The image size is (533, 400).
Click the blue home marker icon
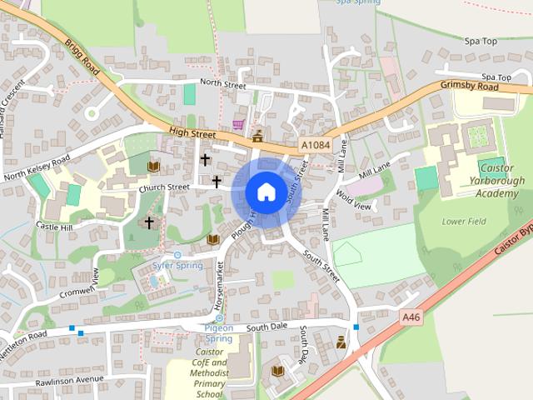pyautogui.click(x=266, y=192)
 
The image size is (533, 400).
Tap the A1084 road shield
pyautogui.click(x=316, y=145)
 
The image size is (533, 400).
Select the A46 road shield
pyautogui.click(x=411, y=317)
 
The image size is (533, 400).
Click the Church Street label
pyautogui.click(x=164, y=187)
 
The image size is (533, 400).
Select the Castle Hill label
pyautogui.click(x=55, y=227)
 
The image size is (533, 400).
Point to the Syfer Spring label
pyautogui.click(x=177, y=266)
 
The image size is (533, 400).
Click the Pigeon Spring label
pyautogui.click(x=218, y=333)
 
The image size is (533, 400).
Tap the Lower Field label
pyautogui.click(x=464, y=222)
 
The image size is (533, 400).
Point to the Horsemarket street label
pyautogui.click(x=220, y=285)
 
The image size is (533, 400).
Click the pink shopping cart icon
pyautogui.click(x=239, y=124)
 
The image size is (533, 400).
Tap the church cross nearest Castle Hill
pyautogui.click(x=149, y=222)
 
